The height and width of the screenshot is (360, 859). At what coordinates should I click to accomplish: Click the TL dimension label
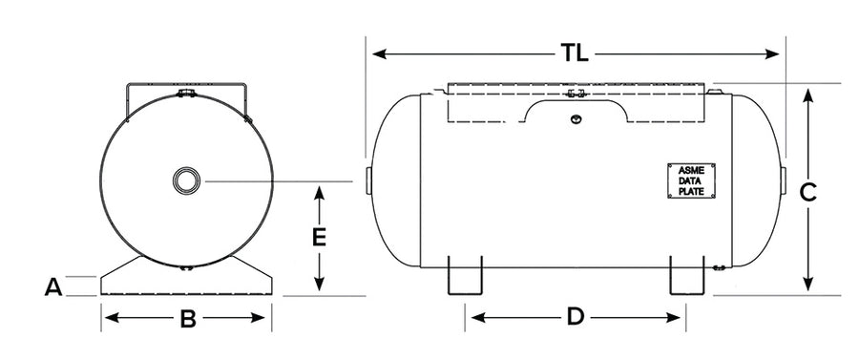point(575,53)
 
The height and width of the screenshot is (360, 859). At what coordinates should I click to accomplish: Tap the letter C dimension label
point(808,193)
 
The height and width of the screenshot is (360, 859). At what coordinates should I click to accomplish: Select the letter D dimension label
point(576,317)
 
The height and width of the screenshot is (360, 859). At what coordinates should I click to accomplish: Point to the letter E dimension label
point(320,238)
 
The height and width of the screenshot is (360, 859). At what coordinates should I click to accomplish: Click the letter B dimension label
point(188,318)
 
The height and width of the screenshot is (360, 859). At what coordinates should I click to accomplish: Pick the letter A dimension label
point(53,286)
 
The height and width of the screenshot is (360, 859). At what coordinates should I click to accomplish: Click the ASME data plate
point(691,180)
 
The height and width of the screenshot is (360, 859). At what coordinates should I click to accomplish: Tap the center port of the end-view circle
point(186,180)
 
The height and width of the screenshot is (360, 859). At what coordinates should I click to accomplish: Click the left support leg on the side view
point(465,275)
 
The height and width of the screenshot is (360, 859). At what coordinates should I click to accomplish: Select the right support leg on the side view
point(687,275)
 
